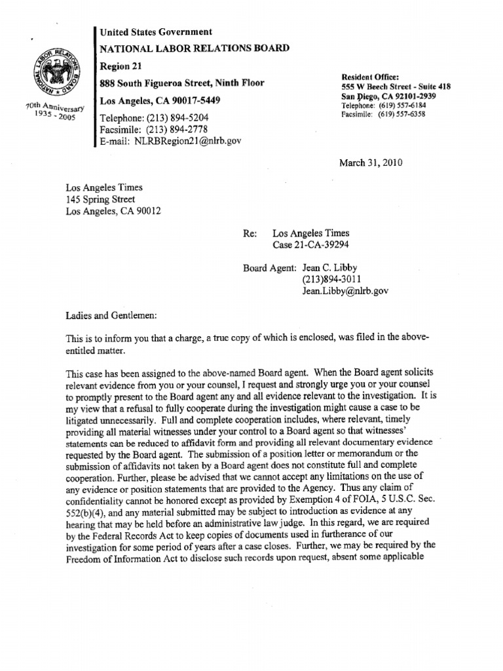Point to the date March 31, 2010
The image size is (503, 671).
coord(369,163)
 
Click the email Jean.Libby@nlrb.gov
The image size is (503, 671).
coord(345,291)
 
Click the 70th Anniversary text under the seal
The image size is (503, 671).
coord(56,107)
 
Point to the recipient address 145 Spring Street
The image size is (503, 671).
coord(100,199)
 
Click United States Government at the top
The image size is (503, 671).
coord(155,31)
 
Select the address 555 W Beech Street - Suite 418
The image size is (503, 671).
coord(396,87)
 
